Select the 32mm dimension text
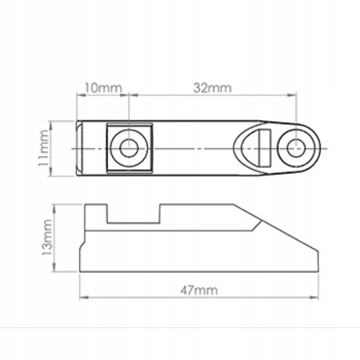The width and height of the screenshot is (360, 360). click(x=212, y=88)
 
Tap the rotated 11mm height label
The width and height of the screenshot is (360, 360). click(x=44, y=148)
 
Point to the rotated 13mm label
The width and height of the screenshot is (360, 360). click(x=47, y=238)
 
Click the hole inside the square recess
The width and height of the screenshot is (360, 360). click(x=129, y=148)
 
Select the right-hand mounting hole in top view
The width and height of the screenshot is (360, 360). click(x=296, y=148)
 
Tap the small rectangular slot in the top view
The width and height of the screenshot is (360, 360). click(x=264, y=148)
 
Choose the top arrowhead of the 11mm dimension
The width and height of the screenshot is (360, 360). click(x=51, y=124)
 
